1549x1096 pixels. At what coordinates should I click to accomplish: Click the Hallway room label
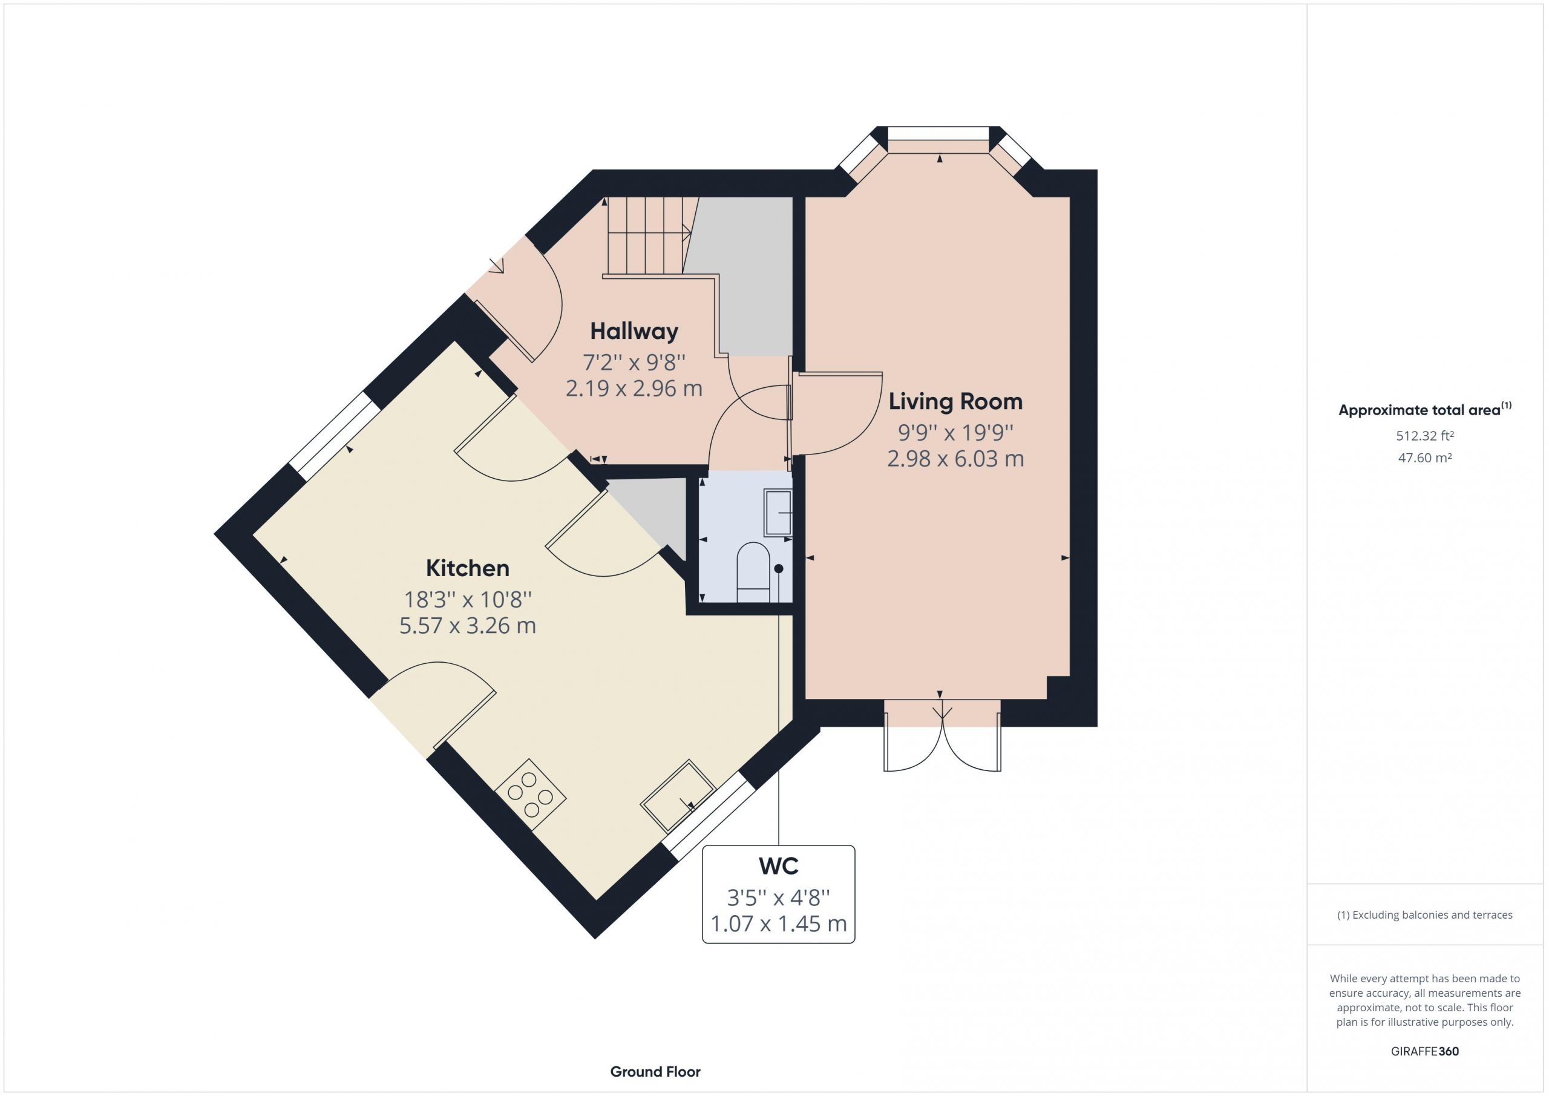(634, 332)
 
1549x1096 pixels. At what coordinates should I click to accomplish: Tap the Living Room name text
(955, 402)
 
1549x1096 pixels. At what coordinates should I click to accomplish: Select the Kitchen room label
(468, 568)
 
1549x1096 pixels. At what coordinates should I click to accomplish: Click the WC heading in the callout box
(779, 866)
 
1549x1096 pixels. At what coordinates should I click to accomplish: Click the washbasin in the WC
(778, 513)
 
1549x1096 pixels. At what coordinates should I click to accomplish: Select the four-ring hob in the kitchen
(530, 795)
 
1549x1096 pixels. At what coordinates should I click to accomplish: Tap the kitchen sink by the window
(677, 796)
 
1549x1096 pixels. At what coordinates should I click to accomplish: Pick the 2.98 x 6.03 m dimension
(955, 459)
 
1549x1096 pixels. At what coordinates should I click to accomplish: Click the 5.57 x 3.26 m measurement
(468, 626)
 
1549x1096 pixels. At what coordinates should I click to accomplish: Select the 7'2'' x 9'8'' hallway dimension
(634, 363)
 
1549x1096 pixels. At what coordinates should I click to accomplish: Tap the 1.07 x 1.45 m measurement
(779, 924)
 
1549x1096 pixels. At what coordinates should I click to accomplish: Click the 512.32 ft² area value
(1425, 436)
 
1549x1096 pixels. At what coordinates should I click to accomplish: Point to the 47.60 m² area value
(1425, 458)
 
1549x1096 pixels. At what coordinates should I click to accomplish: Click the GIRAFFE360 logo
(1425, 1051)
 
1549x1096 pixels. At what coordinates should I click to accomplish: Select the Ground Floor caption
(655, 1071)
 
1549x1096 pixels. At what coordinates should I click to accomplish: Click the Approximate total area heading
(1425, 410)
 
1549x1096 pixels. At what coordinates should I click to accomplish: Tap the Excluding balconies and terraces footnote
(1425, 914)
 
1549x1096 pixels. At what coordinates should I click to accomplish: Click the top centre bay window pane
(938, 134)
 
